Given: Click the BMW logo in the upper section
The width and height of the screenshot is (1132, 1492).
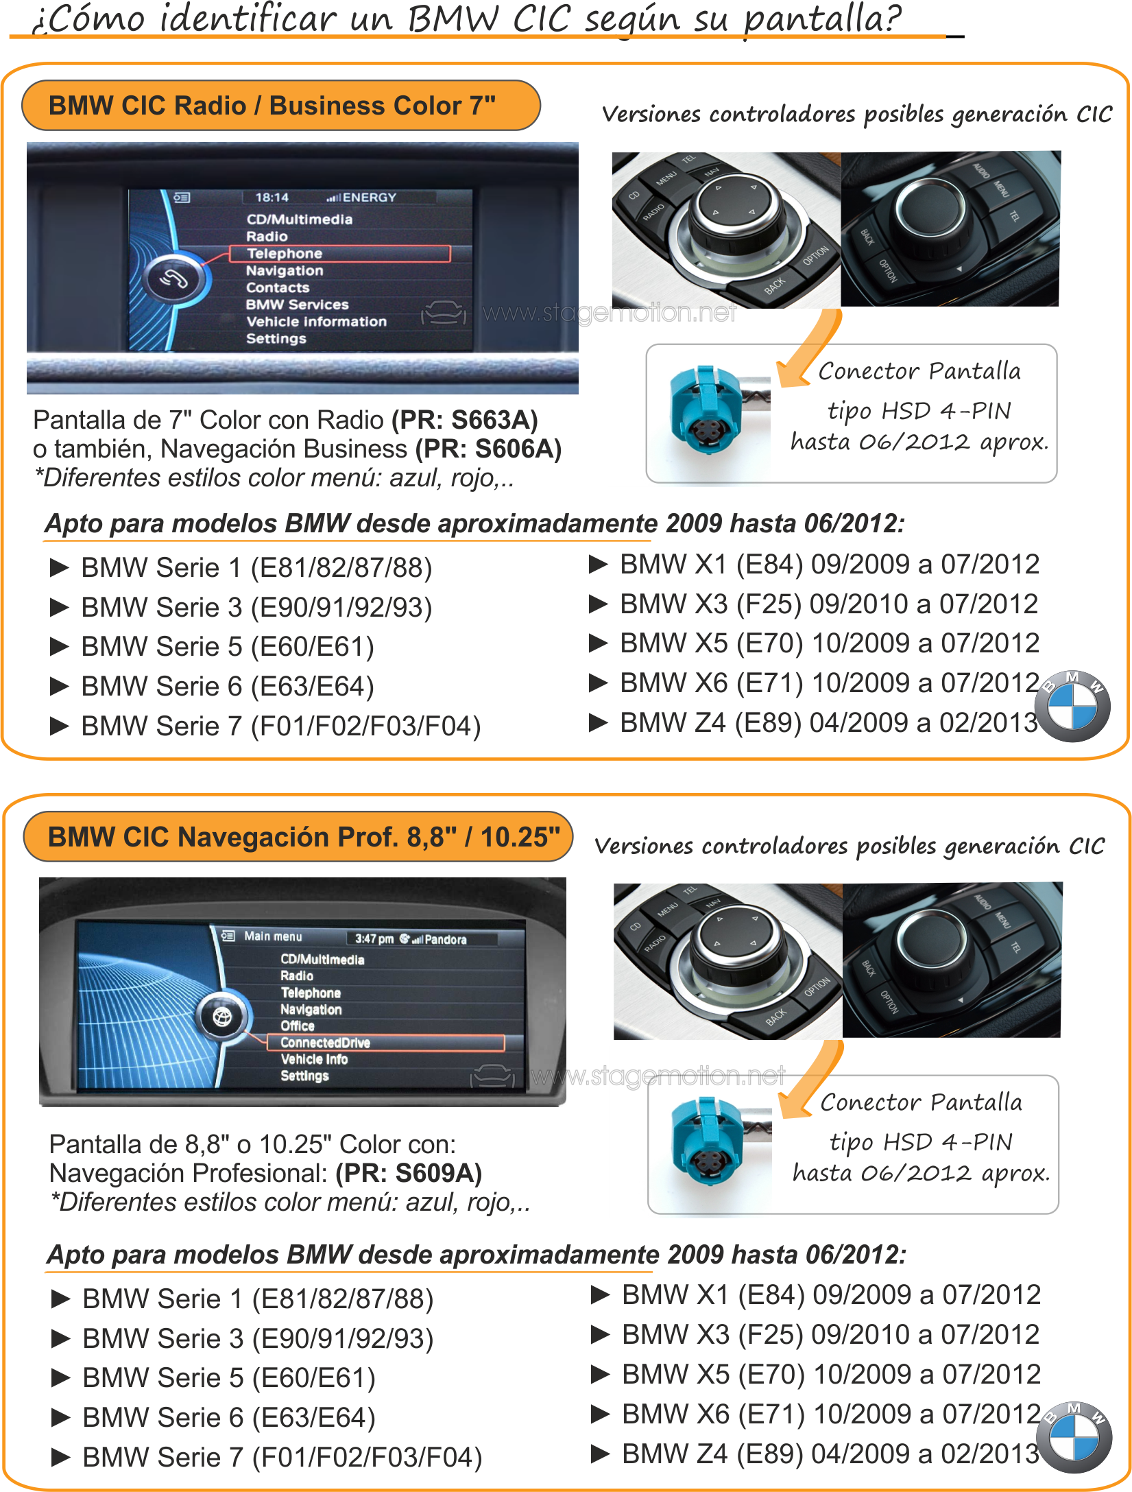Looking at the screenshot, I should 1073,707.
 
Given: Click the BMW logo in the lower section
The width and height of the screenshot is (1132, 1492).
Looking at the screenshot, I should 1074,1438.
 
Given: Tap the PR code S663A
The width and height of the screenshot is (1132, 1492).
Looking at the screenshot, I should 494,420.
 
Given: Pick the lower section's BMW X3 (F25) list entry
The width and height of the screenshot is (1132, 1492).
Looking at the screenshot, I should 816,1334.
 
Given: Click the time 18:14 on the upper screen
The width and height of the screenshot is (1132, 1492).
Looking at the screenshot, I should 272,198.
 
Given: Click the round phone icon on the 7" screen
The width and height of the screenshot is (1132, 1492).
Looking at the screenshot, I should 173,279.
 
